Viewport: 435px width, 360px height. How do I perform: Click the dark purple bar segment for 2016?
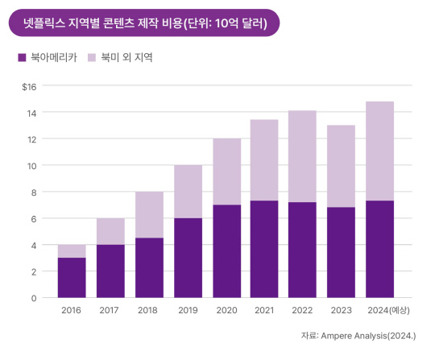[x=71, y=278]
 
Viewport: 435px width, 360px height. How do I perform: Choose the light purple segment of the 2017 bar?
[x=110, y=231]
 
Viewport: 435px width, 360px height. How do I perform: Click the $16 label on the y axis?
[x=30, y=86]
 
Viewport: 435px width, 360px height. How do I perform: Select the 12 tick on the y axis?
[x=32, y=139]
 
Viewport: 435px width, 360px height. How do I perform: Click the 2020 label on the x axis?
[x=228, y=310]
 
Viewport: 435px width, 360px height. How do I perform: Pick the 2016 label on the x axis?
[x=71, y=310]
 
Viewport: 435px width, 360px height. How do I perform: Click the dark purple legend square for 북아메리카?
[x=20, y=58]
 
